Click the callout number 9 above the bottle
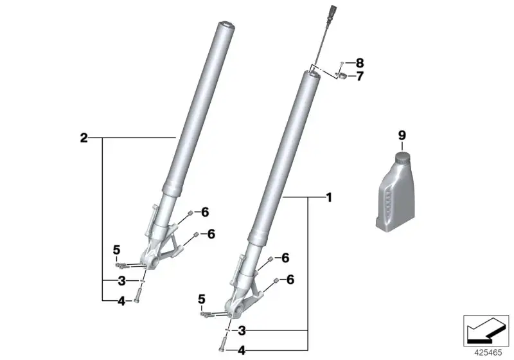click(x=402, y=136)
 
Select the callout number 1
click(x=329, y=198)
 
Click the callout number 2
click(x=84, y=138)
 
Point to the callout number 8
click(x=360, y=62)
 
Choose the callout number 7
click(x=360, y=76)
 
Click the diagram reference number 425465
click(x=488, y=353)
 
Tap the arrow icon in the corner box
click(x=485, y=330)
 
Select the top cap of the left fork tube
click(x=226, y=25)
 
